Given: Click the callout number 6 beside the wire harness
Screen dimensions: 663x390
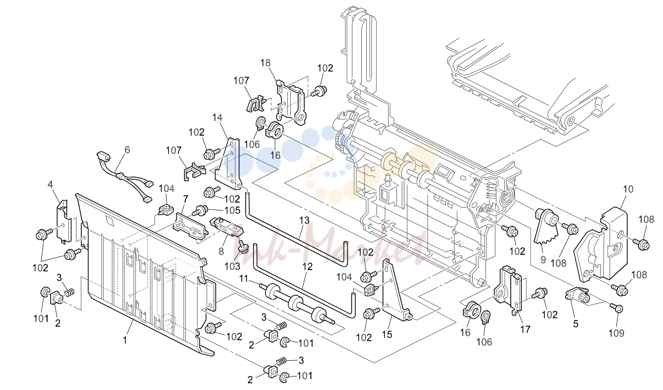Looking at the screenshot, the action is [127, 150].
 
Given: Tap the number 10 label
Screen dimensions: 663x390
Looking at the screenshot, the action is [628, 189].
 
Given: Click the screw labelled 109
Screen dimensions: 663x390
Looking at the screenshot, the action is [617, 309].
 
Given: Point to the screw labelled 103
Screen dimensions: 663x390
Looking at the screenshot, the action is [244, 247].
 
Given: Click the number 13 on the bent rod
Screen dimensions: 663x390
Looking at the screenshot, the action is [304, 220].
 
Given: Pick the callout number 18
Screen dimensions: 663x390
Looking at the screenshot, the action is [266, 63].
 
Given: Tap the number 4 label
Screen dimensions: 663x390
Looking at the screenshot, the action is [50, 185].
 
